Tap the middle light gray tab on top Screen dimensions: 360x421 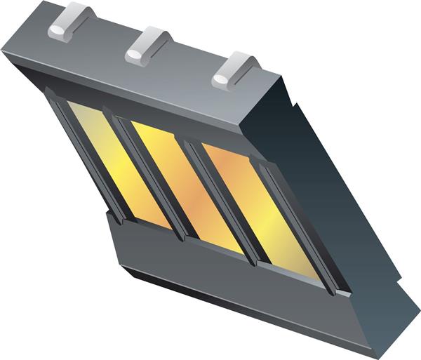[147, 46]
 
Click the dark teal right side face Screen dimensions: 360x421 [330, 182]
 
